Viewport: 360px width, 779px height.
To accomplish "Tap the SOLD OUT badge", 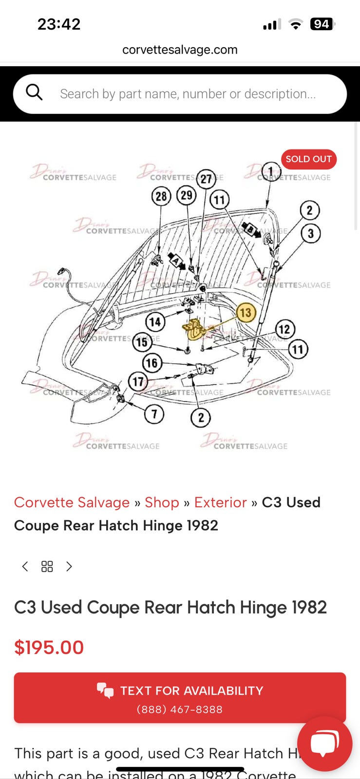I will coord(308,159).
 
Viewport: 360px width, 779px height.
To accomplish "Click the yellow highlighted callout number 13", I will coord(246,312).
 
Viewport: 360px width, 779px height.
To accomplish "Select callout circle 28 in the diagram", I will coord(161,196).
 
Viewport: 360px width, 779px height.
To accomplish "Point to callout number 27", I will coord(207,179).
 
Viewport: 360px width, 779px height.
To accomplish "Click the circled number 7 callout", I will coord(154,414).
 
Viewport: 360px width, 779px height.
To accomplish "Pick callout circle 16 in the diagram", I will coord(152,363).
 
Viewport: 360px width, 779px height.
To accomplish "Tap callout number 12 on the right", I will coord(284,329).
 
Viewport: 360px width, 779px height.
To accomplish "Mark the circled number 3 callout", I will coord(311,233).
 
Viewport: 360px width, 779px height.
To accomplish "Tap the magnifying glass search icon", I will coord(34,92).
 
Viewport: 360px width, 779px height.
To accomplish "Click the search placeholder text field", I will coord(188,94).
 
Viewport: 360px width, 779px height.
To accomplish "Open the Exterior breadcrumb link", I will coord(220,502).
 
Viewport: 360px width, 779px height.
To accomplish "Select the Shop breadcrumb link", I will coord(162,502).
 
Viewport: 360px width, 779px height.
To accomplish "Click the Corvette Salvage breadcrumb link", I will coord(72,502).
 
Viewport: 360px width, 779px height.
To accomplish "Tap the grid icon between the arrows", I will coord(47,566).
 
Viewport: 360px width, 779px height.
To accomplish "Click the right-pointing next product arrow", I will coord(69,566).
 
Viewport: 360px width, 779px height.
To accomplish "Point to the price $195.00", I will coord(49,648).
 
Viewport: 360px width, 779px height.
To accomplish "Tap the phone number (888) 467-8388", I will coord(180,709).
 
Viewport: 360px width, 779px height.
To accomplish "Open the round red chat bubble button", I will coord(324,743).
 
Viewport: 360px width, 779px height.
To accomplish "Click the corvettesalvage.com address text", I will coord(180,50).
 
